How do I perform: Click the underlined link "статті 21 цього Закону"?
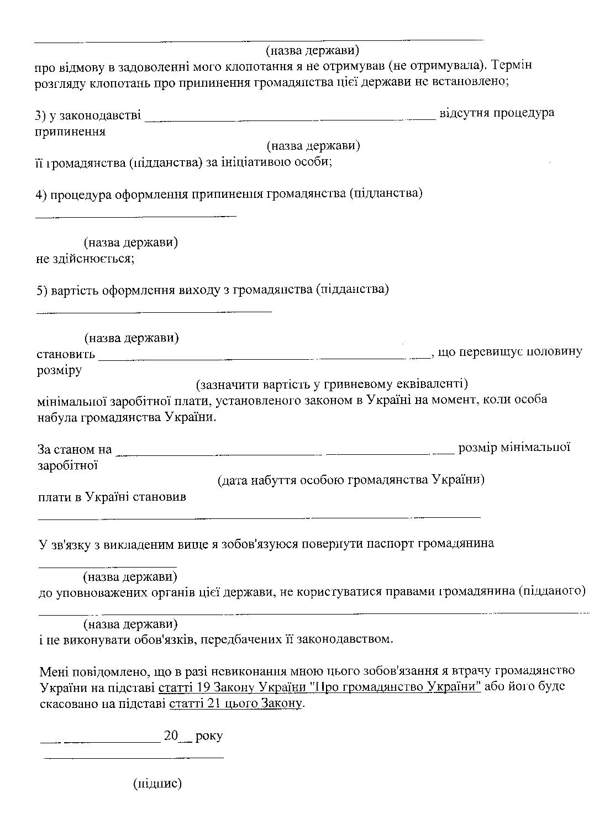coord(236,704)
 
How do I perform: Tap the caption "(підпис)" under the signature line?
coord(157,783)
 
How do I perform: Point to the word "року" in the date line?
coord(209,736)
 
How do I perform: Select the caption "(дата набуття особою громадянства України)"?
coord(351,479)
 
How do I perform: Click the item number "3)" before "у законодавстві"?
coord(41,115)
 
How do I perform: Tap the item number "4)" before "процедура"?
coord(41,194)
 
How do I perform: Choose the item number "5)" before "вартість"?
coord(41,290)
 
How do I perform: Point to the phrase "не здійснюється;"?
coord(85,259)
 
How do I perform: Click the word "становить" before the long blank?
coord(66,353)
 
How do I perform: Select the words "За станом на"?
coord(75,449)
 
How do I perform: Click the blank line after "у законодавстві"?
coord(291,117)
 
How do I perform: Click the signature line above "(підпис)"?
coord(134,757)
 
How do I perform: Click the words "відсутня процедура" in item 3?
coord(497,113)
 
